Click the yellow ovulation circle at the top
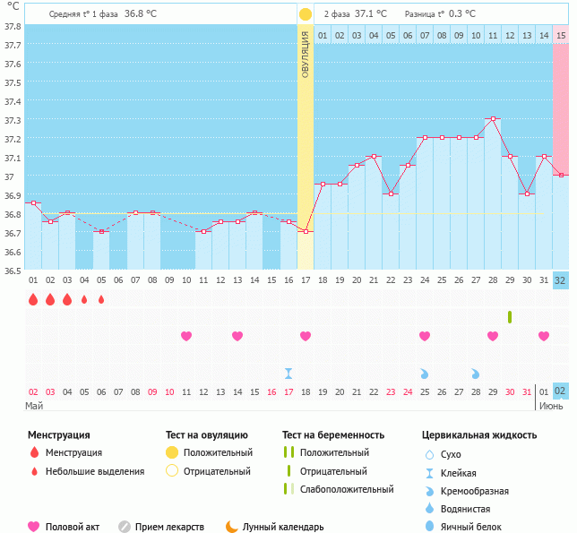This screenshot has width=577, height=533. pos(306,14)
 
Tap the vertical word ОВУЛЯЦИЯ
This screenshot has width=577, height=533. pos(306,55)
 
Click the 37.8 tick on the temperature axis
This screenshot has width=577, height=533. pos(13,27)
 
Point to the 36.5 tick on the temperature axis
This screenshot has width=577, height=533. pos(13,271)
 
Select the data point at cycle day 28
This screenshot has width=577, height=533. pos(493,118)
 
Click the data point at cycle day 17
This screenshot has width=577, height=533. pos(306,232)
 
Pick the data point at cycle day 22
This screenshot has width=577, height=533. pos(391,193)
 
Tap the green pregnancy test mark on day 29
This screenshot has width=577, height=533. pos(510,317)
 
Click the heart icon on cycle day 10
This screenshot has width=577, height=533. pos(186,336)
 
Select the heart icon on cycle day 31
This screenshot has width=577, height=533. pos(544,336)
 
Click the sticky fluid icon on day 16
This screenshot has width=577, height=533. pos(288,373)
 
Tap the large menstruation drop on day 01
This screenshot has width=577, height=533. pos(33,299)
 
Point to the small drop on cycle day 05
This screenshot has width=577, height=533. pos(101,299)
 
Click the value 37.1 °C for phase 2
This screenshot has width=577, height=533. pos(371,14)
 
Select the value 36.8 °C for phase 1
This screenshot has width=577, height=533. pos(141,14)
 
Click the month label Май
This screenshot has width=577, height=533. pos(35,406)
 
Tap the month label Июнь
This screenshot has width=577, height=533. pos(551,406)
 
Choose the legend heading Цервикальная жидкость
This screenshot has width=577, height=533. pos(479,435)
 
